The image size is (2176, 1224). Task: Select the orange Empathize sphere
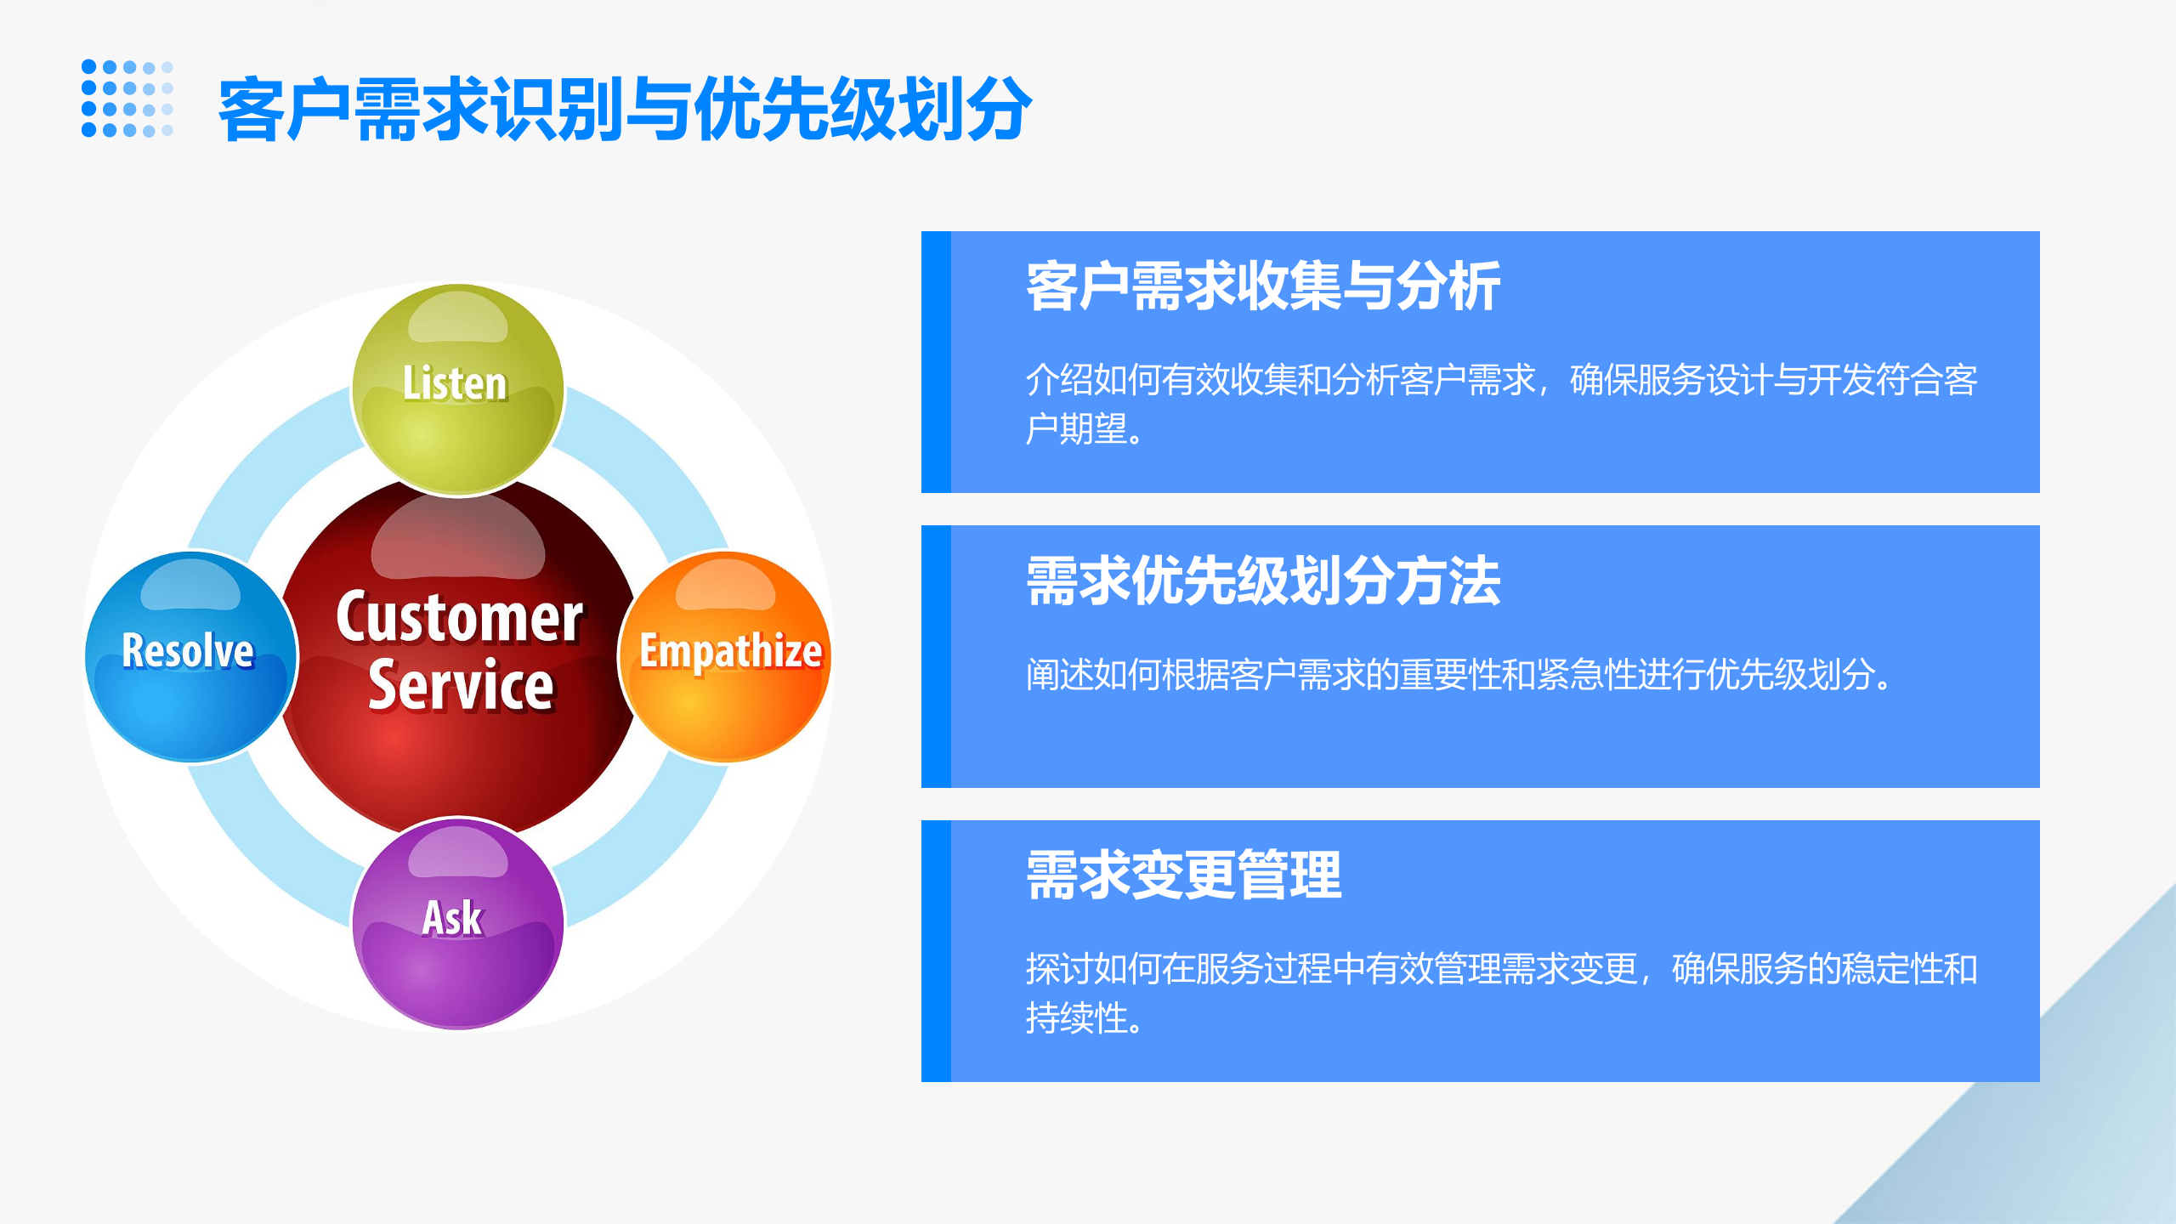coord(726,656)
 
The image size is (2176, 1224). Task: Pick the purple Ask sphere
coord(457,923)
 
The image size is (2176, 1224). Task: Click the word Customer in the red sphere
coord(459,617)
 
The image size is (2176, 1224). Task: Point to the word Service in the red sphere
coord(461,685)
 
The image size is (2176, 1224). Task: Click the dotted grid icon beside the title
coord(127,99)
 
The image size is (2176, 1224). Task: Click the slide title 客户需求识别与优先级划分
coord(625,109)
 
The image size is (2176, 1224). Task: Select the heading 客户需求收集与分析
coord(1263,286)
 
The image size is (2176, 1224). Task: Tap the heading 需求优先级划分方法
coord(1263,581)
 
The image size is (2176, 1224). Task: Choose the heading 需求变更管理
coord(1183,875)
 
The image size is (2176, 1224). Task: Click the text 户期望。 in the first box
coord(1084,429)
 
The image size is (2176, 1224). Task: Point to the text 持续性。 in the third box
coord(1084,1018)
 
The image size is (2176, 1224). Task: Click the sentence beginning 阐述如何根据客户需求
coord(1459,675)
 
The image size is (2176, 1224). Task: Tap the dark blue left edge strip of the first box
coord(936,362)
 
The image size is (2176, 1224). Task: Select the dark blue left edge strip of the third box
coord(936,950)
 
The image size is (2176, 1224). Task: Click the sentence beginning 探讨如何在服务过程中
coord(1501,969)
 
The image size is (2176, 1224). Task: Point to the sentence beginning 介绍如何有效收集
coord(1501,380)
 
